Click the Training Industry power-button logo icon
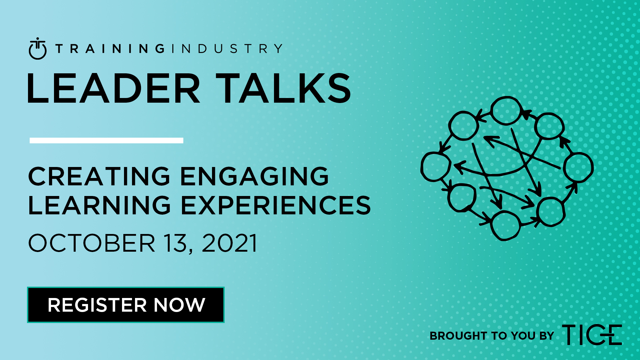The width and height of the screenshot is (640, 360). [38, 49]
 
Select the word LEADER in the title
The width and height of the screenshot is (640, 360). [114, 89]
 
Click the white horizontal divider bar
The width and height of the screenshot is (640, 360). [106, 140]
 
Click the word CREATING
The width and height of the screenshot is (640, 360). [99, 176]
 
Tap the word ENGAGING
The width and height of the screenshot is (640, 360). [255, 176]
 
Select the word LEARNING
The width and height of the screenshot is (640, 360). [99, 205]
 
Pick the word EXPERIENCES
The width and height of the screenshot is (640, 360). [276, 205]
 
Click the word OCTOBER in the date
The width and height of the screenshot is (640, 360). [92, 243]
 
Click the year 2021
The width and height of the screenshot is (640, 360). [229, 243]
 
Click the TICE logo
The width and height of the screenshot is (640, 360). [592, 335]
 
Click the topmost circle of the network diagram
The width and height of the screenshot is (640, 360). [506, 111]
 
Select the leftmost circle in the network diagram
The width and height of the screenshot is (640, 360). [436, 167]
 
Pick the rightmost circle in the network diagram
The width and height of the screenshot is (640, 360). [578, 167]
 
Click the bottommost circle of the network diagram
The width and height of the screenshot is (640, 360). [506, 226]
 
